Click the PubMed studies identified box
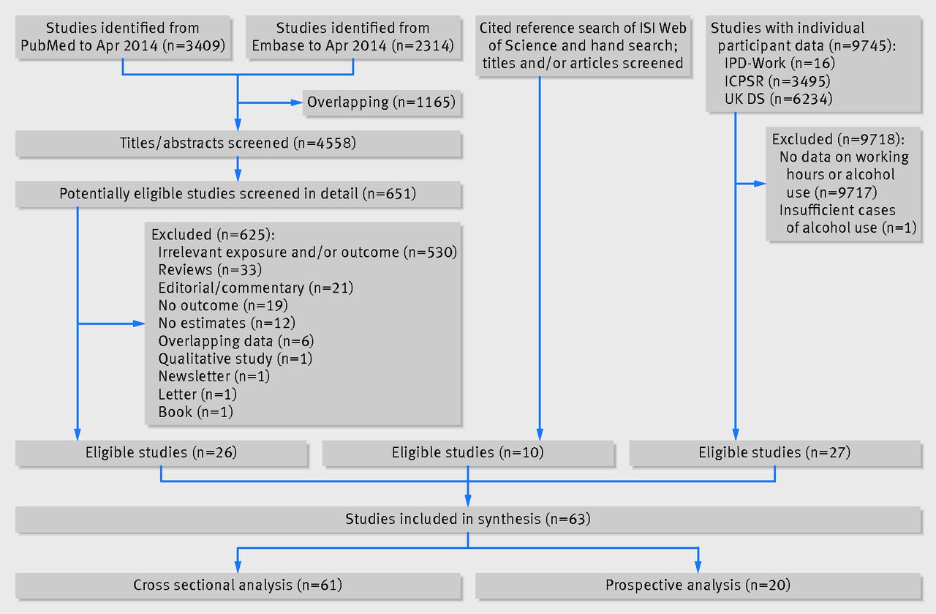click(x=123, y=37)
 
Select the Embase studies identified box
click(x=353, y=37)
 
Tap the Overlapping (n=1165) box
click(x=382, y=102)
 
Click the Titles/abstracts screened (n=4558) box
click(x=238, y=143)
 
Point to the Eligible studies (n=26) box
click(x=162, y=453)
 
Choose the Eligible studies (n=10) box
click(x=468, y=453)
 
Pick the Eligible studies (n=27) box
click(x=774, y=453)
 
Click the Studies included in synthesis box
click(x=468, y=520)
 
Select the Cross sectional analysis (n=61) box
click(x=238, y=585)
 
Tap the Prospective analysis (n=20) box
click(x=698, y=585)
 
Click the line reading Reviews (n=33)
click(x=210, y=270)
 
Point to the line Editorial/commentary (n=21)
click(x=256, y=288)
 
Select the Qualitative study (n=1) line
click(x=235, y=359)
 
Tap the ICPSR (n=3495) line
click(x=777, y=81)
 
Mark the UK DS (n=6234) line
click(x=779, y=99)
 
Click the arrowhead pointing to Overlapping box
click(x=297, y=102)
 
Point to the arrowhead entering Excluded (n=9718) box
click(x=760, y=184)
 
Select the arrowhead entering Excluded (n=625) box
click(x=139, y=323)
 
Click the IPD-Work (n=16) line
click(x=780, y=63)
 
